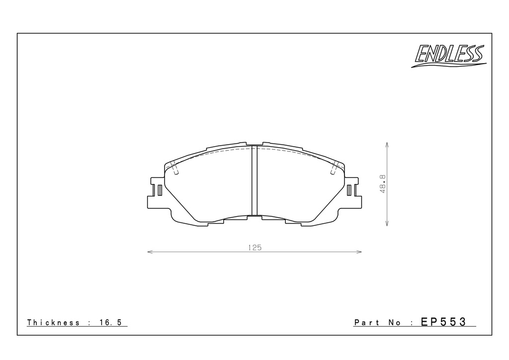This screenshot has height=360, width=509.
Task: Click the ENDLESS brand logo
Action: click(449, 56)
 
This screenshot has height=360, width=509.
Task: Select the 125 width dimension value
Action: click(255, 248)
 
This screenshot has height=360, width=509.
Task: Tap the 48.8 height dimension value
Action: click(383, 184)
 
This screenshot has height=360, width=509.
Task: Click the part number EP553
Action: click(443, 322)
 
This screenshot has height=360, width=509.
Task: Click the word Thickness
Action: click(53, 322)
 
